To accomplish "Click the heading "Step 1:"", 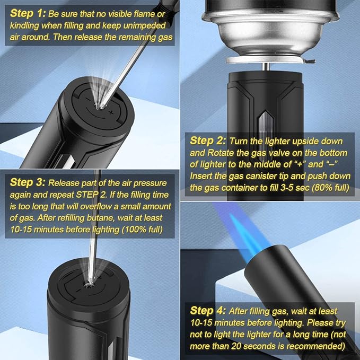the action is [x=28, y=14].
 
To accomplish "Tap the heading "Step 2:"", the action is [x=208, y=141].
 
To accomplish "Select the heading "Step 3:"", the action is [x=28, y=182].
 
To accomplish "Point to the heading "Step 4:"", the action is [x=208, y=311].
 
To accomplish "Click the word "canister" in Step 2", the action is [x=275, y=176].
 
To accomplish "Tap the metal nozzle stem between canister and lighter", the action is [x=266, y=67].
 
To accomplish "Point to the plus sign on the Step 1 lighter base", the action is [x=111, y=112].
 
